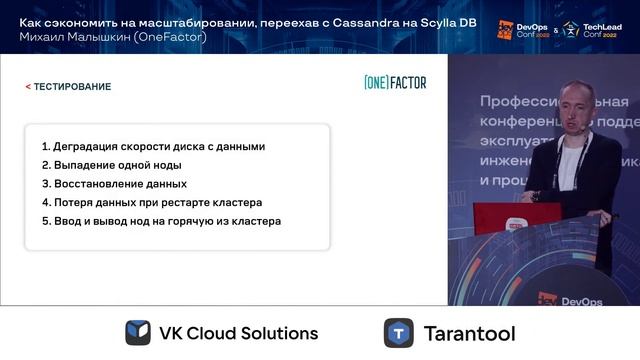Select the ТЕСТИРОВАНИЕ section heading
72,87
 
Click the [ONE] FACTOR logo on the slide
395,83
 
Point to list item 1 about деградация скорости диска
153,146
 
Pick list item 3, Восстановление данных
114,184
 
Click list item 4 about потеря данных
151,202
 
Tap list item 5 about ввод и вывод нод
161,221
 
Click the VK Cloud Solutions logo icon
138,333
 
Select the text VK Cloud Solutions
238,333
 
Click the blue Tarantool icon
399,333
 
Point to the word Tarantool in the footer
471,333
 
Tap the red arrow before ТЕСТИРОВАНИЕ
28,87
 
